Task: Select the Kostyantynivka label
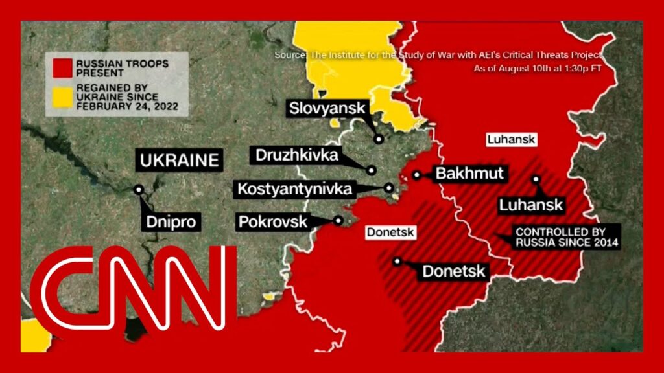click(x=296, y=189)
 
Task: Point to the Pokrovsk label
click(x=272, y=221)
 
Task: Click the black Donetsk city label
click(x=454, y=271)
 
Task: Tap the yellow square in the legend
click(x=62, y=97)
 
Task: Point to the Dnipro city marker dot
click(x=139, y=190)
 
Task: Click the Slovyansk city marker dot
click(x=379, y=138)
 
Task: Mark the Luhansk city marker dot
click(x=536, y=179)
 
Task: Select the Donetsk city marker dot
click(x=397, y=262)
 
